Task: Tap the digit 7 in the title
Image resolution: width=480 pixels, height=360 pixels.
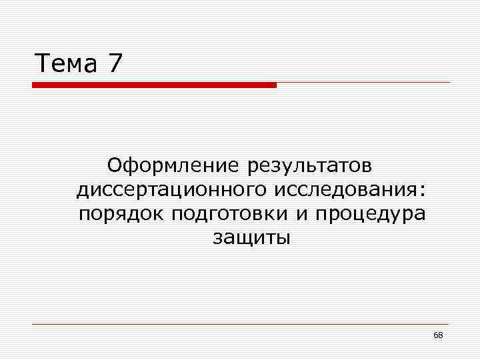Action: click(x=115, y=64)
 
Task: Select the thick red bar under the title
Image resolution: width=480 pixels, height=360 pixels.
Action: click(x=153, y=85)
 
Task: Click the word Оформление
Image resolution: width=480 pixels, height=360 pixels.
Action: click(x=174, y=165)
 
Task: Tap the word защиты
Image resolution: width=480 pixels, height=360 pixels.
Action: click(x=251, y=238)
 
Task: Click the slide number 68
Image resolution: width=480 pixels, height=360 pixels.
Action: click(x=438, y=335)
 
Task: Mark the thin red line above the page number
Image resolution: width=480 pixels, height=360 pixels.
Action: click(x=240, y=324)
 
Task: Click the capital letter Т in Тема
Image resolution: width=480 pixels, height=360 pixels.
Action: click(x=41, y=64)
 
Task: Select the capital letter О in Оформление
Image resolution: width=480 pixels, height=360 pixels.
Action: click(x=116, y=164)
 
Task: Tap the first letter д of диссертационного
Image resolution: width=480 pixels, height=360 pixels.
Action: click(x=82, y=191)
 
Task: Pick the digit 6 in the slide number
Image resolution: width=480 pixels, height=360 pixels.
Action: click(x=435, y=335)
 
